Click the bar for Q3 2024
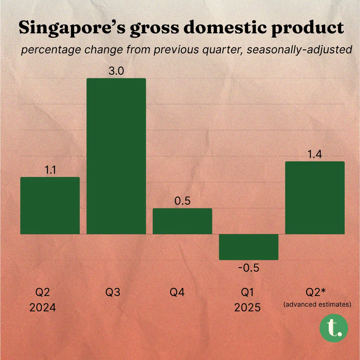(116, 156)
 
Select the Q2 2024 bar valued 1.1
(50, 205)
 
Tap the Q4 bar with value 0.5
(182, 221)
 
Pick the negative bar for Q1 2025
(249, 247)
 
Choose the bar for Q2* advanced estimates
(315, 198)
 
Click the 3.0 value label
(116, 71)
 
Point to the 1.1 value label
(50, 170)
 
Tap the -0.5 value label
(249, 268)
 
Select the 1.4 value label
(315, 154)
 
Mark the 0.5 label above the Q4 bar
(183, 201)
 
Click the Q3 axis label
(113, 292)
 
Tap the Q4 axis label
(177, 292)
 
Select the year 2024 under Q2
(42, 307)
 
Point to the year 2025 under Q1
(247, 307)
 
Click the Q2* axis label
(316, 292)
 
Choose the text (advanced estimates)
(317, 304)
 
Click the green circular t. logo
(334, 328)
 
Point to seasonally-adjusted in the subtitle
(299, 50)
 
